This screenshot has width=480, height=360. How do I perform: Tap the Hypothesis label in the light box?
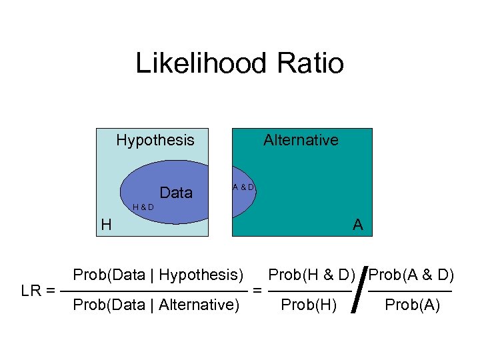pos(155,140)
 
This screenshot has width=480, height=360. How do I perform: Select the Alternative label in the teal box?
pos(301,140)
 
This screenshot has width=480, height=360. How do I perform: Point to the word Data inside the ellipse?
pos(176,193)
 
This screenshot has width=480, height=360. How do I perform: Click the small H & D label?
pos(143,207)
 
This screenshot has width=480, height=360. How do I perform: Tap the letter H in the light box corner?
pos(106,225)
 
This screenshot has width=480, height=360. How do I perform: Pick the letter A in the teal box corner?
pos(358,225)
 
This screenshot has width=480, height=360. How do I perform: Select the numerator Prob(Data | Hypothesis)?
pos(158,275)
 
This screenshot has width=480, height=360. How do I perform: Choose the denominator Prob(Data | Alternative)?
pos(156,305)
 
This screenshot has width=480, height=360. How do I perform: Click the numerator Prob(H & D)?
pos(311,275)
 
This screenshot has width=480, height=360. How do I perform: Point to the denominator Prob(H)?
pos(310,305)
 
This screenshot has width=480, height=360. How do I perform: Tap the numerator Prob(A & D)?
pos(411,275)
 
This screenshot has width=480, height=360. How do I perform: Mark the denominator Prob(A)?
pos(412,305)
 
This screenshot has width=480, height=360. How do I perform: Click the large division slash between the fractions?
pos(360,290)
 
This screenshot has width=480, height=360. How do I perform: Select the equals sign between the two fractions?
pos(257,291)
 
